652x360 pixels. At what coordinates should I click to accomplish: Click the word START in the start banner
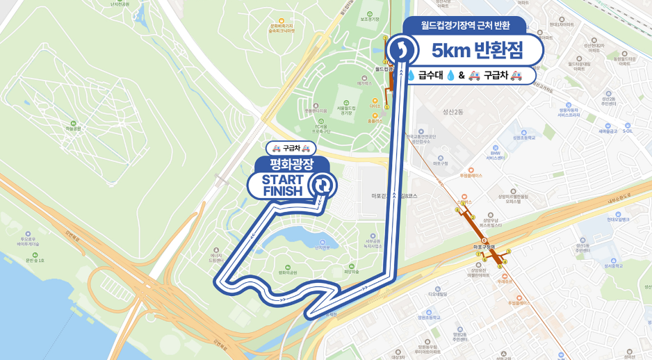tap(282, 180)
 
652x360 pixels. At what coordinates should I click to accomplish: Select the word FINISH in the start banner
tap(282, 191)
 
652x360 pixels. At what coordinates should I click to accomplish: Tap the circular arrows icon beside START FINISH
tap(323, 186)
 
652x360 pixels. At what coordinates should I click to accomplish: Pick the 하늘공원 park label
tap(73, 129)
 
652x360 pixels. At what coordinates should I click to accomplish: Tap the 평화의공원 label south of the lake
tap(287, 272)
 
